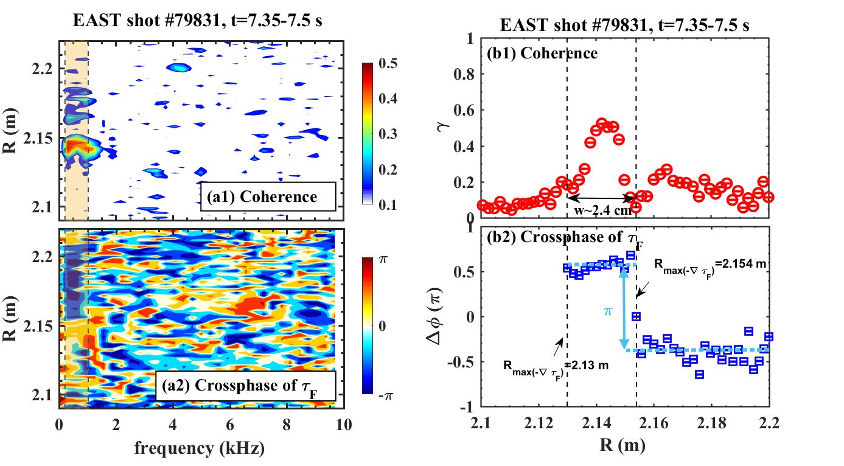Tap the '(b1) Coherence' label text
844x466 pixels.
[x=542, y=54]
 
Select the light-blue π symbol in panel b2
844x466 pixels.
[x=609, y=311]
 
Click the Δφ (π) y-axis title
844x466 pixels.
[x=455, y=318]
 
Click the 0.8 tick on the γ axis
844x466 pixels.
[x=468, y=75]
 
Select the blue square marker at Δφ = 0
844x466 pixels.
[x=636, y=316]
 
